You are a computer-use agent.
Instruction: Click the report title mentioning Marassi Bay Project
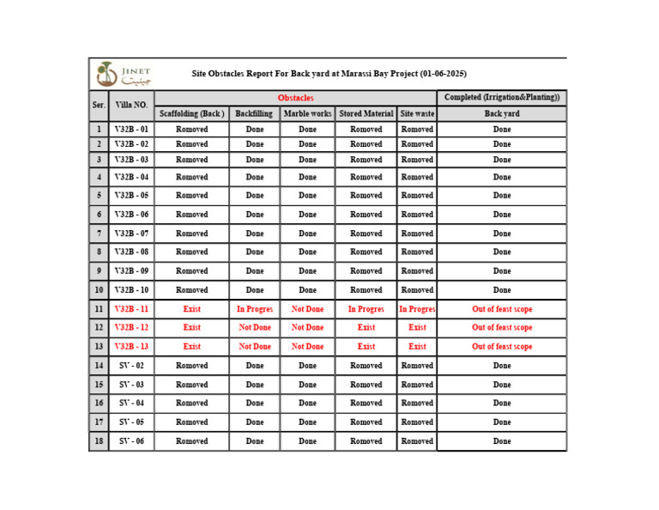coord(329,74)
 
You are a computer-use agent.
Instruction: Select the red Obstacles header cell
coord(295,98)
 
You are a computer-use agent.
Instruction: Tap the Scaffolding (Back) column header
coord(191,113)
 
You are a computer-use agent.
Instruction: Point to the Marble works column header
coord(307,113)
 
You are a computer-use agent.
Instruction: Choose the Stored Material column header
coord(366,113)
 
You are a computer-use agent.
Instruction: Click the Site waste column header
coord(417,113)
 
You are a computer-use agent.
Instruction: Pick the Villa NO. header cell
coord(131,106)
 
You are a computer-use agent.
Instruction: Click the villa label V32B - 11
coord(131,309)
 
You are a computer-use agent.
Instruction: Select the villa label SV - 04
coord(131,403)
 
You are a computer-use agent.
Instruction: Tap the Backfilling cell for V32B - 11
coord(255,309)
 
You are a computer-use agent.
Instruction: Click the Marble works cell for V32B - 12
coord(307,327)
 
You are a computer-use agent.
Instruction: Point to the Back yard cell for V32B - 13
coord(501,347)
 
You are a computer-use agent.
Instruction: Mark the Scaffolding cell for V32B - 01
coord(191,130)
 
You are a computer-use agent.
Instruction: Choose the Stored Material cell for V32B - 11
coord(366,309)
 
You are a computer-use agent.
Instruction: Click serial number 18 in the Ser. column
coord(99,441)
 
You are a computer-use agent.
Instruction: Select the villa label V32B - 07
coord(131,234)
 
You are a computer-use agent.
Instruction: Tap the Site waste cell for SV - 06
coord(417,441)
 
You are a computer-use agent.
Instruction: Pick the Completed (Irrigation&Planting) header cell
coord(501,98)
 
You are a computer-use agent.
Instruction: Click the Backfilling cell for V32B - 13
coord(255,347)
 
